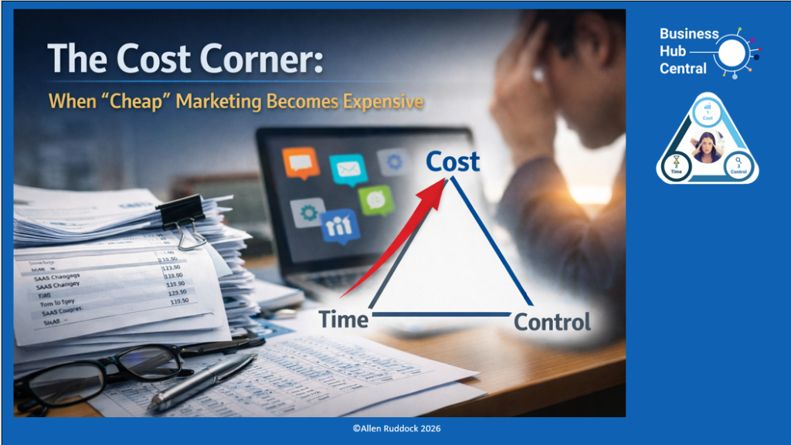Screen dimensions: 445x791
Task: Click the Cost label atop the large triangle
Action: (453, 162)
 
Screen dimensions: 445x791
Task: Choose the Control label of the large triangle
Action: (552, 322)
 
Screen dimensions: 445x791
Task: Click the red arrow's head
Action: (442, 188)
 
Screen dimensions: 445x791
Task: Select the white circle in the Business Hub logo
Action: (732, 52)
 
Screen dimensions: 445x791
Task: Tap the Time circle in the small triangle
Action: (677, 165)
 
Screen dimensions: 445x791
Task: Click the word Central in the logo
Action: (683, 69)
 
